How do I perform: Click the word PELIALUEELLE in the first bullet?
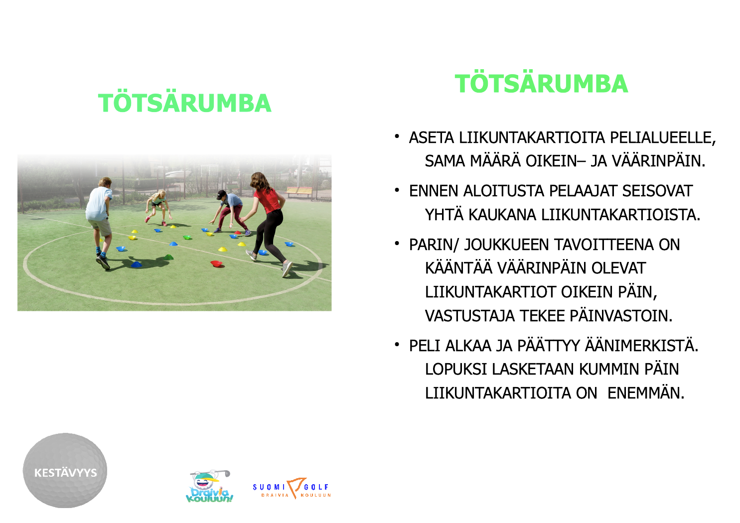[663, 138]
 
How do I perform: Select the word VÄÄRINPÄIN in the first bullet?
[658, 161]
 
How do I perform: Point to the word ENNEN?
[434, 191]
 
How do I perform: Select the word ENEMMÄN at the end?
[646, 393]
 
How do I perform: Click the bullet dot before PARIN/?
[397, 244]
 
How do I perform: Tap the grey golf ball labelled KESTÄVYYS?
[65, 471]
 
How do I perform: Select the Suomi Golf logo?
[292, 488]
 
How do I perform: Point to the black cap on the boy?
[221, 194]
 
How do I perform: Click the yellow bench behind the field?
[299, 191]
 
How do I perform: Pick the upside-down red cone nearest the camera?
[217, 263]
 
